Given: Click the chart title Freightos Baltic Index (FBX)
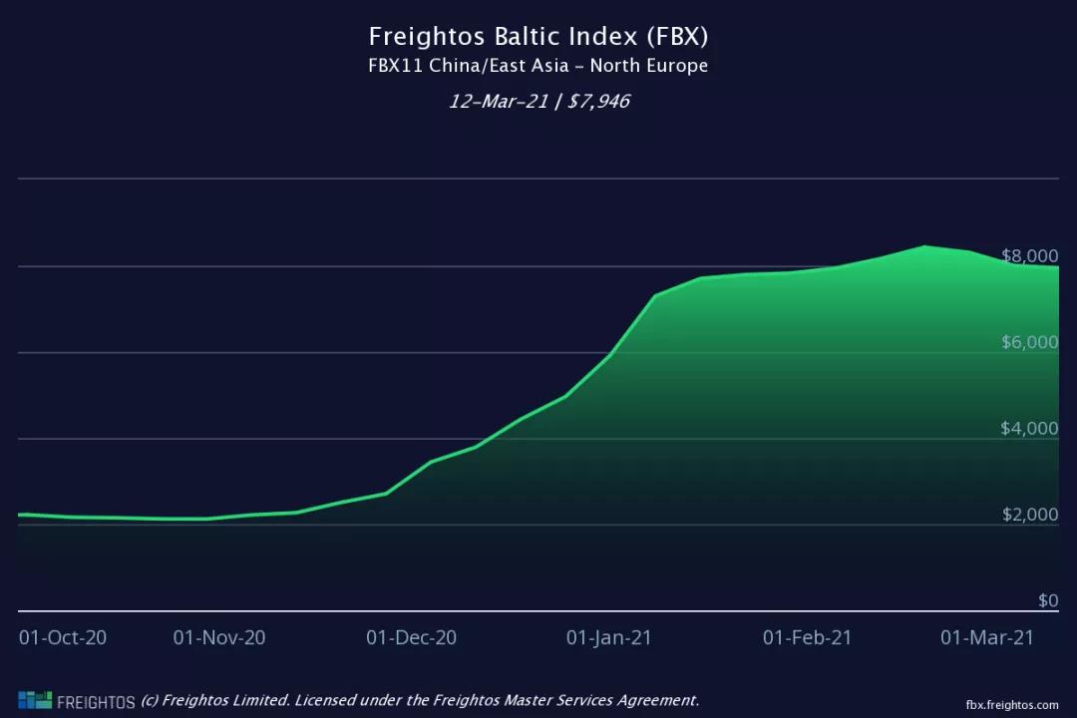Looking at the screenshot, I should [538, 37].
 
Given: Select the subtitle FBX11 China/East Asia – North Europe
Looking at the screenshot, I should [538, 67].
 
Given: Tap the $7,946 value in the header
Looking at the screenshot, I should [598, 102].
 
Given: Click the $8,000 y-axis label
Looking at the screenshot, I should [1029, 255].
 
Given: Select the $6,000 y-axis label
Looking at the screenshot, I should [1029, 342].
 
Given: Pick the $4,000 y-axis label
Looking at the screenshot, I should [1029, 429].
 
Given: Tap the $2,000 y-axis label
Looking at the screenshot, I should [1029, 515].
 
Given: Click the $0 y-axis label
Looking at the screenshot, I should [1047, 600].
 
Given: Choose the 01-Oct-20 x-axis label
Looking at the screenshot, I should [63, 637].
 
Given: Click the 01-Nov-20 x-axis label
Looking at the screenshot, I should [219, 637].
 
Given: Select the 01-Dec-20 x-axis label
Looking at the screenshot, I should [411, 637].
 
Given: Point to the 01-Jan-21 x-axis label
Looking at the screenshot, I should [608, 637].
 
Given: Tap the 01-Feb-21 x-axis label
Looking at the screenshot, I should [807, 637].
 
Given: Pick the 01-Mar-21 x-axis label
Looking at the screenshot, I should [987, 637].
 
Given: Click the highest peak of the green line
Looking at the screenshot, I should [925, 246].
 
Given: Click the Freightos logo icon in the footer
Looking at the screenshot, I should [35, 700].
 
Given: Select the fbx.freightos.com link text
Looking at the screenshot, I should [1011, 704].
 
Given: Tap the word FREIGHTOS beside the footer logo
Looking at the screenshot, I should [96, 702].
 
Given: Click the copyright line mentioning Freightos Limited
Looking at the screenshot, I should [420, 700].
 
